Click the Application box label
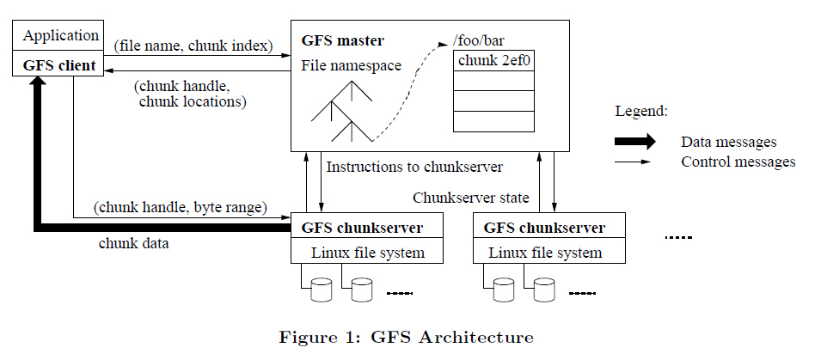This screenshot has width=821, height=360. pyautogui.click(x=60, y=36)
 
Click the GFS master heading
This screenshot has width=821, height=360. pyautogui.click(x=343, y=40)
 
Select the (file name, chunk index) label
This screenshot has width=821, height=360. pyautogui.click(x=194, y=45)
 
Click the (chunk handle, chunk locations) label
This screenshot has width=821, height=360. pyautogui.click(x=192, y=95)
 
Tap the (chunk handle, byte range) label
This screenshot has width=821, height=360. pyautogui.click(x=181, y=207)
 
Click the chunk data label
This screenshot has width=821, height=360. pyautogui.click(x=133, y=243)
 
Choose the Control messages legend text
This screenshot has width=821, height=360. pyautogui.click(x=738, y=162)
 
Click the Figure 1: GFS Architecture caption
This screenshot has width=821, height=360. pyautogui.click(x=406, y=337)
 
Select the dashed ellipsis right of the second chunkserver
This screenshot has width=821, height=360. pyautogui.click(x=678, y=237)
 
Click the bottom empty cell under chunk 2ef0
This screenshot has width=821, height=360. pyautogui.click(x=493, y=121)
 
